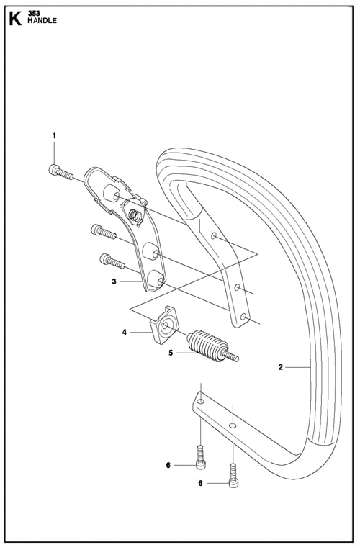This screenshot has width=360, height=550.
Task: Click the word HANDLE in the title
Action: pos(42,21)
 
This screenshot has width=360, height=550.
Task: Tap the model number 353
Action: pos(34,14)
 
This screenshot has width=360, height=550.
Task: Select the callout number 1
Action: pos(54,135)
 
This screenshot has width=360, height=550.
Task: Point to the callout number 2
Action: pos(280,367)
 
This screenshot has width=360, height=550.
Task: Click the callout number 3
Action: pos(114,281)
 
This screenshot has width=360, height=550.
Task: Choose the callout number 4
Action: pos(125,332)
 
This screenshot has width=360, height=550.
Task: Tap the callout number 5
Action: pos(171,353)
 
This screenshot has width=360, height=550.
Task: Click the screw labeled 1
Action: pos(60,172)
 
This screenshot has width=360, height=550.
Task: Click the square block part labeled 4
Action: pos(164,325)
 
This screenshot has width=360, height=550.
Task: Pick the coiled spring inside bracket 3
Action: pos(135,215)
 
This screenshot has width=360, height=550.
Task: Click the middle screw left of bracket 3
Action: pos(104,232)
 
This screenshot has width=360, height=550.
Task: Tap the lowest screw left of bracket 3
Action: pos(112,261)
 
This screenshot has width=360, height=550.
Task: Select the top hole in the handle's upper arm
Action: pos(214,235)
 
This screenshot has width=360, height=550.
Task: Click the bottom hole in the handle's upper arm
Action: pos(243,316)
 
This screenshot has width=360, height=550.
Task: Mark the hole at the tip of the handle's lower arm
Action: pos(200,401)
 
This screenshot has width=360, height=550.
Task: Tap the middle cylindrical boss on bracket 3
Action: pos(151,251)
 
